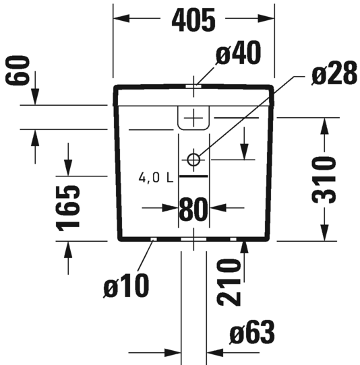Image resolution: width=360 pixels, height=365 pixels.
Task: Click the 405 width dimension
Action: click(193, 20)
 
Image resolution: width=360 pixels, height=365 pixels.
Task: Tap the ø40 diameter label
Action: click(239, 53)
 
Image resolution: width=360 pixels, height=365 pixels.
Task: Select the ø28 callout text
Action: click(334, 73)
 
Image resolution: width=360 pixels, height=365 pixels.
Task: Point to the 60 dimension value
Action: click(18, 70)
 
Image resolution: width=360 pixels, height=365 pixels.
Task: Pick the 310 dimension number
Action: click(324, 180)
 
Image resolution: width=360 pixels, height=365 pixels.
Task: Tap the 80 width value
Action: click(193, 209)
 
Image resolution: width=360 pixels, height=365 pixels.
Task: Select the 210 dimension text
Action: click(229, 282)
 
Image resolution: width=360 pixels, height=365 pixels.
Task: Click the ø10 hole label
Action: click(126, 286)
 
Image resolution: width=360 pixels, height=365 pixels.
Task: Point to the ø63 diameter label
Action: click(252, 332)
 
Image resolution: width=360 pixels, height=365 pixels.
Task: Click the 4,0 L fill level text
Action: click(156, 178)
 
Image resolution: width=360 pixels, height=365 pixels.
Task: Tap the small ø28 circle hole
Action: click(193, 160)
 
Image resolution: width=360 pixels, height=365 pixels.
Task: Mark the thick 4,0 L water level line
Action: click(193, 176)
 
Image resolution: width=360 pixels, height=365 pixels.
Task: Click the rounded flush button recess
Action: click(193, 118)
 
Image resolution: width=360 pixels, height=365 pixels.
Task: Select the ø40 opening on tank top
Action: click(193, 86)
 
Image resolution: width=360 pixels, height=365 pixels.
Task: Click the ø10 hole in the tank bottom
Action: click(154, 239)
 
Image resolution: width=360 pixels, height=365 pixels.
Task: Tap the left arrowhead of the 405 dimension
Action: click(121, 18)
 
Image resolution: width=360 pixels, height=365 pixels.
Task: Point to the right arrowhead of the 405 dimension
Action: click(266, 18)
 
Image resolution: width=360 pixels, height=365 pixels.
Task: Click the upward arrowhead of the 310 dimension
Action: click(324, 126)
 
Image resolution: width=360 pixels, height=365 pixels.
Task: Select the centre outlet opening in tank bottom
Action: click(193, 239)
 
